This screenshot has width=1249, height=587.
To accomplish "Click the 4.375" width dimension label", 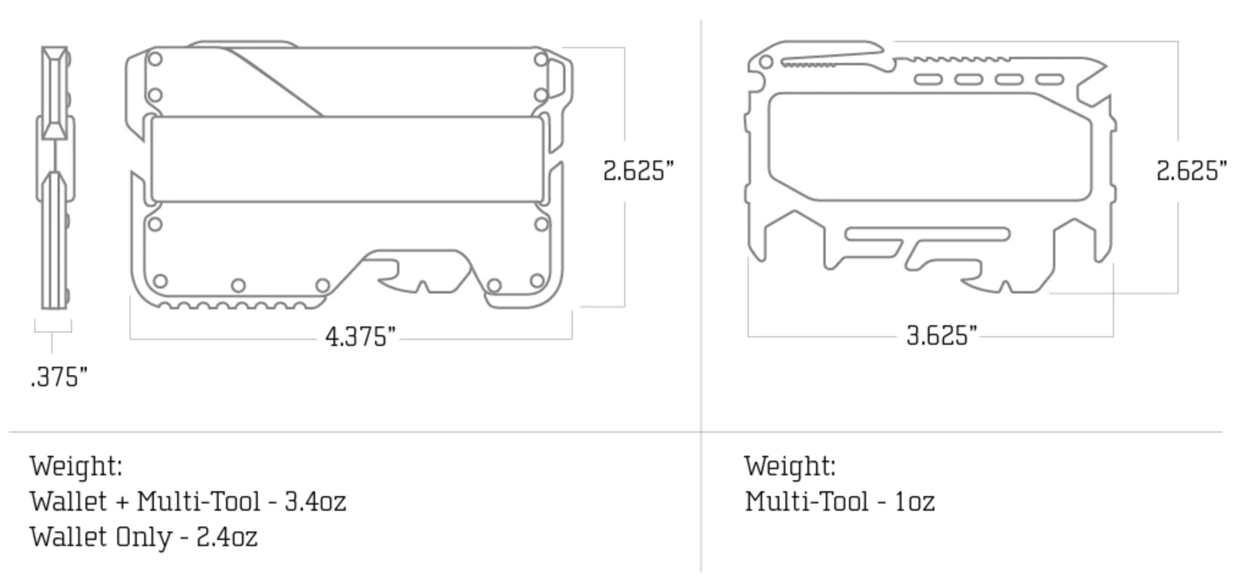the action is [361, 336].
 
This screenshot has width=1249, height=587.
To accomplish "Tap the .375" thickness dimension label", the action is [59, 377].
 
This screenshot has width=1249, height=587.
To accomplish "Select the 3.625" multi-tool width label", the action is [942, 335].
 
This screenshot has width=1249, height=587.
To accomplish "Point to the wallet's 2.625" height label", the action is [639, 171].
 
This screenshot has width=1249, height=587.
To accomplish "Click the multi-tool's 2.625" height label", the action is [1192, 171].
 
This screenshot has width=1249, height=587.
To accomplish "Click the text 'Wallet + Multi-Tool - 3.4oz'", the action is [188, 501].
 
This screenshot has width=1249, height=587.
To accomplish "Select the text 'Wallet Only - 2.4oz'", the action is [144, 536].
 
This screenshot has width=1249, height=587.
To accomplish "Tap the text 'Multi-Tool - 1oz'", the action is [840, 501].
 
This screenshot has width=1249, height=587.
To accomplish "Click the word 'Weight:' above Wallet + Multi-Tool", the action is [76, 466].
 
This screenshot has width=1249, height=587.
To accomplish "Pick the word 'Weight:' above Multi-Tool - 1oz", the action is [790, 466].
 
